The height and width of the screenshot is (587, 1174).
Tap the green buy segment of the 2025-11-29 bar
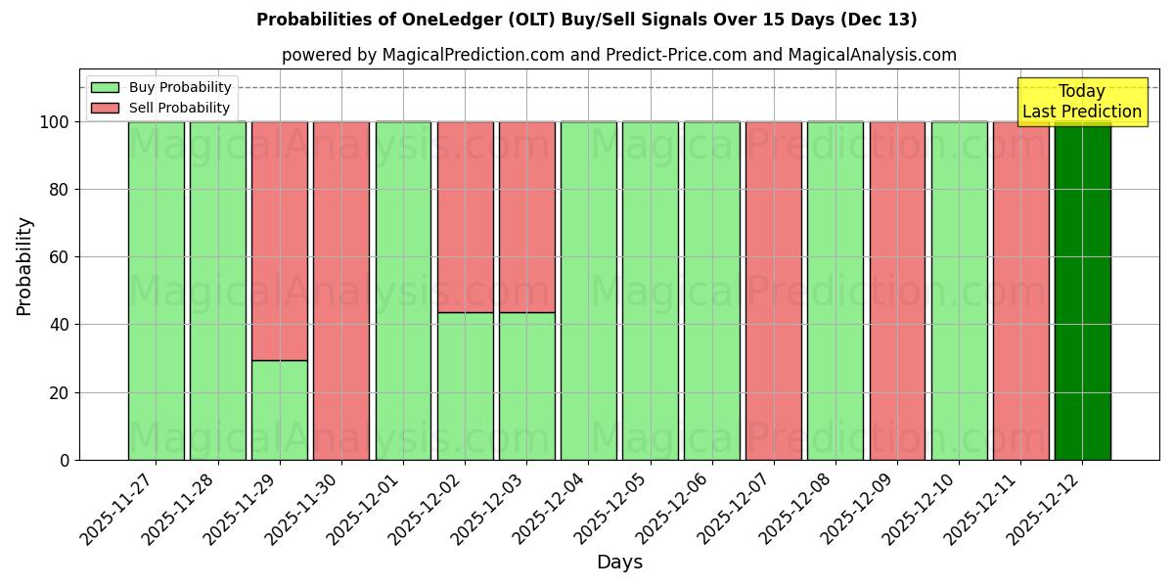click(x=280, y=410)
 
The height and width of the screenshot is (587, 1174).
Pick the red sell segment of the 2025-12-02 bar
click(x=465, y=216)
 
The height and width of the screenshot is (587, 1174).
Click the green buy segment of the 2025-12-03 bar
click(x=526, y=386)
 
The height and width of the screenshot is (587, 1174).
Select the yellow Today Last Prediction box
click(x=1082, y=102)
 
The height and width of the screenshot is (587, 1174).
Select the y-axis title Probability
click(x=24, y=265)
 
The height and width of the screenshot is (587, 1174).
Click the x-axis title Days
click(x=619, y=563)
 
